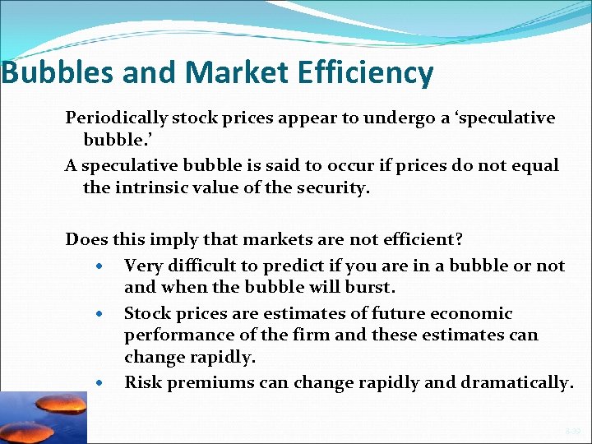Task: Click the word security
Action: click(x=335, y=187)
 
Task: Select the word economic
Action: click(x=472, y=313)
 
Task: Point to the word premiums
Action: click(x=206, y=383)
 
